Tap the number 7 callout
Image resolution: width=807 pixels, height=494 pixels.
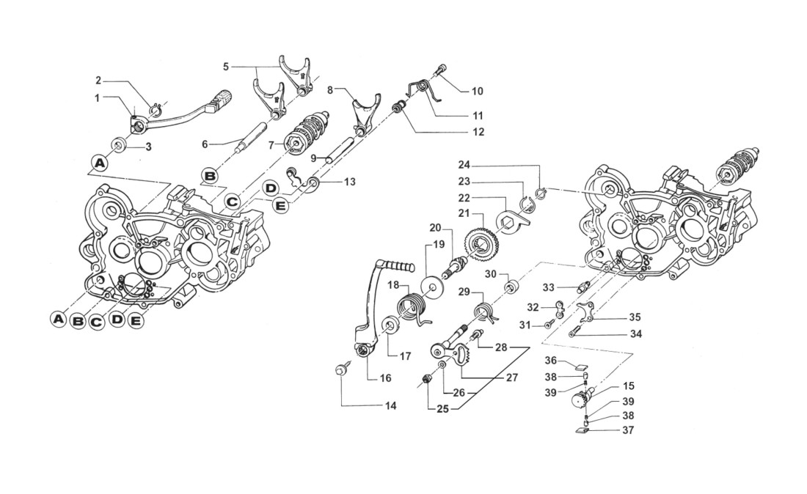pyautogui.click(x=271, y=145)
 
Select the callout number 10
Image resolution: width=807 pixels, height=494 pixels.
pyautogui.click(x=478, y=92)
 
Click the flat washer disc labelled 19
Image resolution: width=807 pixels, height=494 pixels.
pyautogui.click(x=433, y=285)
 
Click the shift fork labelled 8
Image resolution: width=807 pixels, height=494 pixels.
pyautogui.click(x=362, y=112)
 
